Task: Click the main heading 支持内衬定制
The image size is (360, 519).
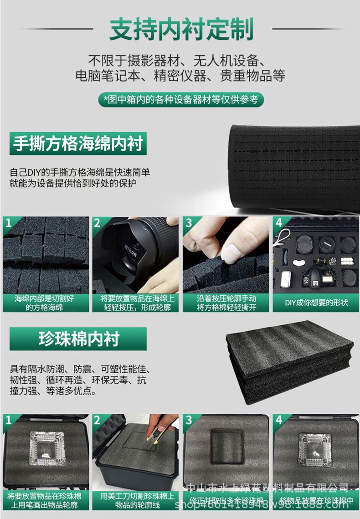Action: coord(181,30)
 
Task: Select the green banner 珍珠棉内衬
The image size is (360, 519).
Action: coord(78,339)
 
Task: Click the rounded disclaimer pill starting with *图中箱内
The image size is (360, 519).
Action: coord(181,99)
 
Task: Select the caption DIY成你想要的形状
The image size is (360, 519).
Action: coord(316,303)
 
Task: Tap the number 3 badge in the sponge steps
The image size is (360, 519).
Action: coord(188,223)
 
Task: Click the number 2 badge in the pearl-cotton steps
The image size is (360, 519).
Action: coord(98,420)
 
